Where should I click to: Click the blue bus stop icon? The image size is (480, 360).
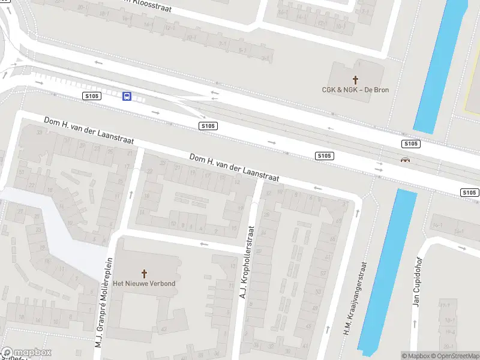point(127,96)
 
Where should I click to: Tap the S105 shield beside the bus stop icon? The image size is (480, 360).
point(91,96)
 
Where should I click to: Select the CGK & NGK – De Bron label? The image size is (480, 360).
point(355,90)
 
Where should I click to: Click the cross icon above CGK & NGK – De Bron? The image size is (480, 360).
point(355,79)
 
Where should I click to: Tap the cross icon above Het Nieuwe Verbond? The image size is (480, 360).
point(144,273)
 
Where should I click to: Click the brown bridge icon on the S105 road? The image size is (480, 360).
point(406,160)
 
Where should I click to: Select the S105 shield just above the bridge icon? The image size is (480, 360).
point(410,144)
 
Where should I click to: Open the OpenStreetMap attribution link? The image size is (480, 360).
point(455,356)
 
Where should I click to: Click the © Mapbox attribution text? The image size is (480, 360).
point(416,356)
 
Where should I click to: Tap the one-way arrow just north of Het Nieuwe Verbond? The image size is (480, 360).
point(204,244)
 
